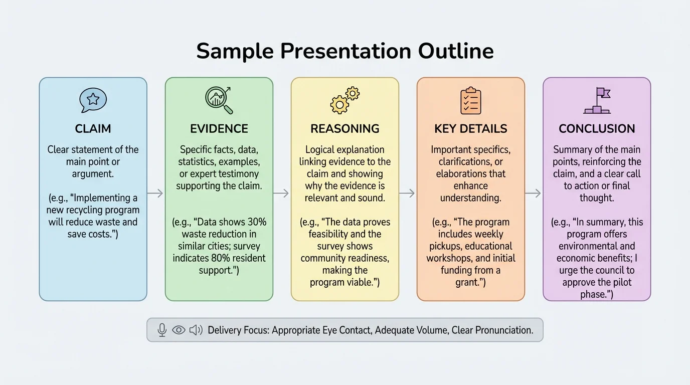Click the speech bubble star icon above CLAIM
[93, 100]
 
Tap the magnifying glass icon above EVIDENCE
[219, 100]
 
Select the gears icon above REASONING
[345, 100]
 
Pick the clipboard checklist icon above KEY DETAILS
[471, 101]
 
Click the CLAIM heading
[93, 129]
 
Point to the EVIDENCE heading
[219, 129]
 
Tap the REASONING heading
[345, 129]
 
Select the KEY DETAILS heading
[471, 129]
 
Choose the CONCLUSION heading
[597, 129]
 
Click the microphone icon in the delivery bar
[162, 330]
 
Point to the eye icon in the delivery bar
[179, 330]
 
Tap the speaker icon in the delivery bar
[196, 330]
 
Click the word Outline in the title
[453, 51]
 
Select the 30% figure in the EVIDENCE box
[256, 222]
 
